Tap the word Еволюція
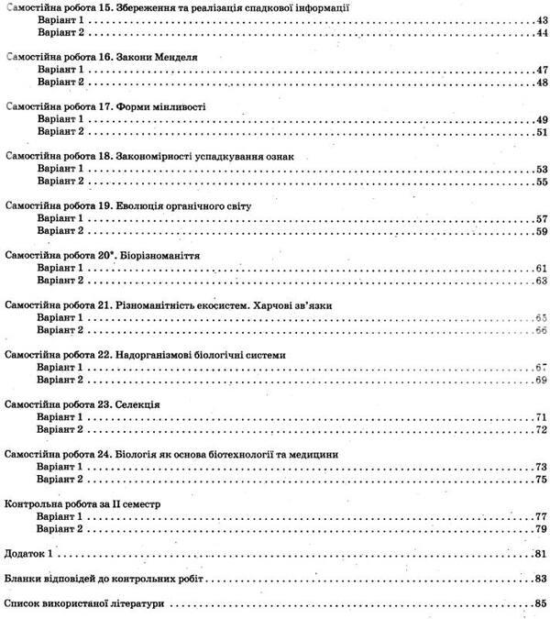[141, 205]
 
